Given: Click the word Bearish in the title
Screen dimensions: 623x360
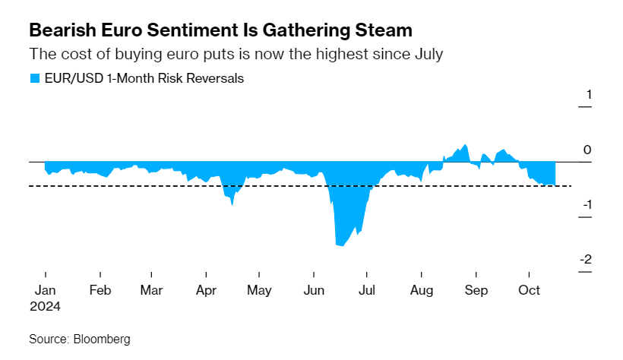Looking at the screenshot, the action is click(x=62, y=30).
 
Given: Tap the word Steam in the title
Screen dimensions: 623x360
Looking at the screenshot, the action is click(x=384, y=30).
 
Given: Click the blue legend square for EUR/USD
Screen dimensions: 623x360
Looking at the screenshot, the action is click(x=35, y=78).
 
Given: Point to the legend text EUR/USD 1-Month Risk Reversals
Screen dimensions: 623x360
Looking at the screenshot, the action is click(x=144, y=78).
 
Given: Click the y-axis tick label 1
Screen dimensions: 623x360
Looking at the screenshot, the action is click(x=589, y=95).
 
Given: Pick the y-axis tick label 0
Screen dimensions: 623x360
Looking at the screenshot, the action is click(x=587, y=150).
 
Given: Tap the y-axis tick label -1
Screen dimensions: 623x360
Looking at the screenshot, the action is click(x=587, y=204).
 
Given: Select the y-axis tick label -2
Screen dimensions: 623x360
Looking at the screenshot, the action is click(x=586, y=260).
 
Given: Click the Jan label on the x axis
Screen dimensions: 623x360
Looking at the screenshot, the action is click(x=45, y=290).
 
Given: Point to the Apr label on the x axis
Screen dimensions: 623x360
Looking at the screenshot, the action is click(x=206, y=290).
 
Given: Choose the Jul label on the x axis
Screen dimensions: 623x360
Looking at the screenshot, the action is click(x=367, y=290).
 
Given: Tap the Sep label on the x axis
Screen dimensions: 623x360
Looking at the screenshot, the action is click(x=476, y=290).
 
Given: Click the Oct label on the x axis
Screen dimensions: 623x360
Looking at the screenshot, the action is click(x=529, y=290).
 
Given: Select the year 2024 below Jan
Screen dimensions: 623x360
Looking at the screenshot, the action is click(x=45, y=306).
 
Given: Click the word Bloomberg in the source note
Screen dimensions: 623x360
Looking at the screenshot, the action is click(x=102, y=339).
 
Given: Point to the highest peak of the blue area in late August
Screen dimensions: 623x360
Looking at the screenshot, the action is click(x=466, y=144).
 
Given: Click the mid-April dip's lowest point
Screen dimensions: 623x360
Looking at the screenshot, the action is click(x=232, y=204).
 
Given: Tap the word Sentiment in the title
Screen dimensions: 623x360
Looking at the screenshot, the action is click(x=192, y=30).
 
